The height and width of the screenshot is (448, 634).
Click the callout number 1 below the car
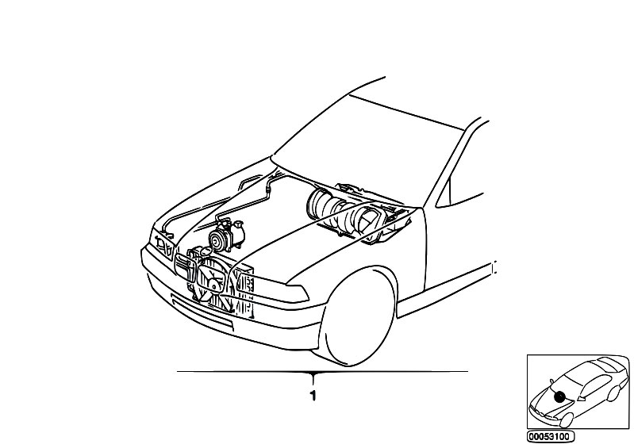[313, 396]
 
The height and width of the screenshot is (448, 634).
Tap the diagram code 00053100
[550, 437]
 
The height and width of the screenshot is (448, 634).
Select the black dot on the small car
[559, 397]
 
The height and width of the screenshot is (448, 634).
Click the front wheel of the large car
[357, 317]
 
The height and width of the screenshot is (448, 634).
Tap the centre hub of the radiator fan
[213, 280]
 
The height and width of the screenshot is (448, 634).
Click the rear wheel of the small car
[614, 393]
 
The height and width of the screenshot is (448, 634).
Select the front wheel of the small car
[566, 420]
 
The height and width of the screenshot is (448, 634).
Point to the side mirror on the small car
[551, 381]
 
